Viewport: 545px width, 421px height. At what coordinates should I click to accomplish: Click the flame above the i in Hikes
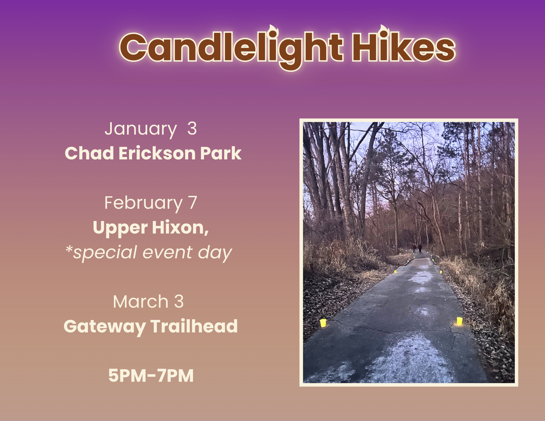pos(383,30)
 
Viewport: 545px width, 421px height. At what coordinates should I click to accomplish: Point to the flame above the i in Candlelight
pos(272,30)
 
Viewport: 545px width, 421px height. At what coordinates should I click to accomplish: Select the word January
pos(141,129)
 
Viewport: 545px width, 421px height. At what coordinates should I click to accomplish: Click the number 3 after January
pos(192,128)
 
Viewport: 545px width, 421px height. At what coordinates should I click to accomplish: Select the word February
pos(143,203)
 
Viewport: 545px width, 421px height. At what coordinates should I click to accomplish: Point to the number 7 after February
pos(192,203)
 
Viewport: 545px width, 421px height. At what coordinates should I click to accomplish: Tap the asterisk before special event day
pos(69,249)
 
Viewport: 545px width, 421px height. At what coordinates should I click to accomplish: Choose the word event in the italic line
pos(167,252)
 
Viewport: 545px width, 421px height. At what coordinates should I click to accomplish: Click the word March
pos(141,302)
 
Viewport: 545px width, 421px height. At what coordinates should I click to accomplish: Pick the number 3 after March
pos(179,302)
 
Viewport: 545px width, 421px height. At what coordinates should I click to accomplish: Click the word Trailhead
pos(194,326)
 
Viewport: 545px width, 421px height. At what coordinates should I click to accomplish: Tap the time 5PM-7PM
pos(151,375)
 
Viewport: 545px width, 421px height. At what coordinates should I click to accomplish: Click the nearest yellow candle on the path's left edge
pos(323,323)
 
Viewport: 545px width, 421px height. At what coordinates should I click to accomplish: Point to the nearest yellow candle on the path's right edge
pos(459,321)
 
